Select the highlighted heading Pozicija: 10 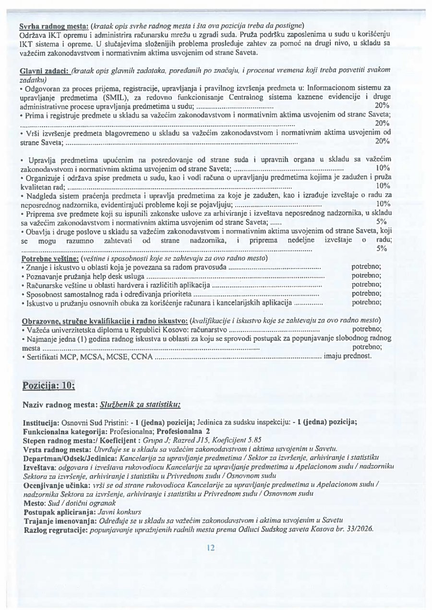[x=48, y=386]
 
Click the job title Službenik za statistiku [x=140, y=405]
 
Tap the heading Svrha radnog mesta [x=53, y=25]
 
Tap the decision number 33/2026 [x=360, y=529]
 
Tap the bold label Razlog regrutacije [x=52, y=529]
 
